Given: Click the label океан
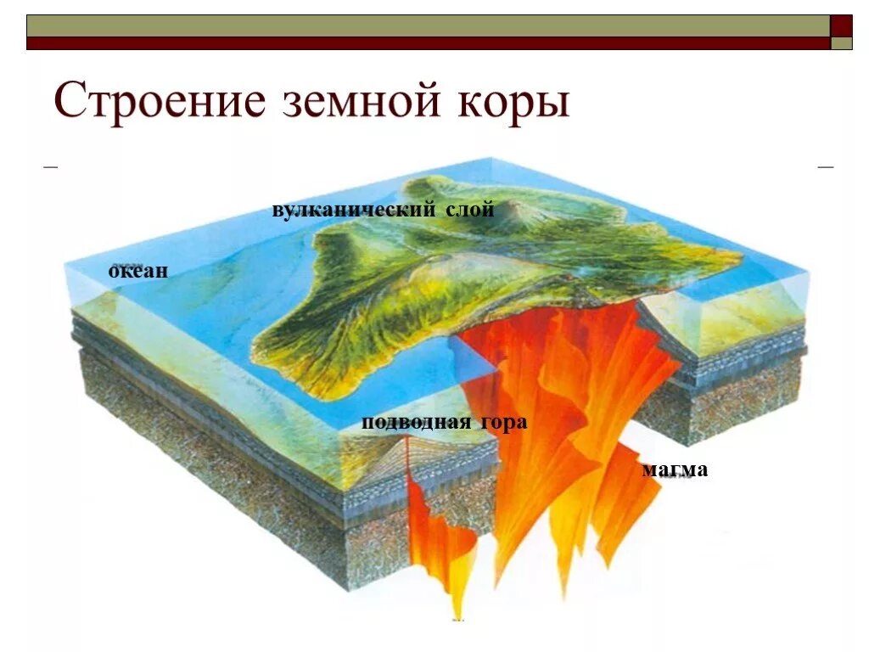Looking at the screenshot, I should (x=139, y=272).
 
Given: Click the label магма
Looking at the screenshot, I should (x=675, y=469).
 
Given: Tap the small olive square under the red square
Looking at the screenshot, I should (x=841, y=43).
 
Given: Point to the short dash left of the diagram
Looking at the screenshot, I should (x=51, y=167).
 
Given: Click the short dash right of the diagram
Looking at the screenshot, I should (x=826, y=167).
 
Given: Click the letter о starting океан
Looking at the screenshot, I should (x=114, y=273).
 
